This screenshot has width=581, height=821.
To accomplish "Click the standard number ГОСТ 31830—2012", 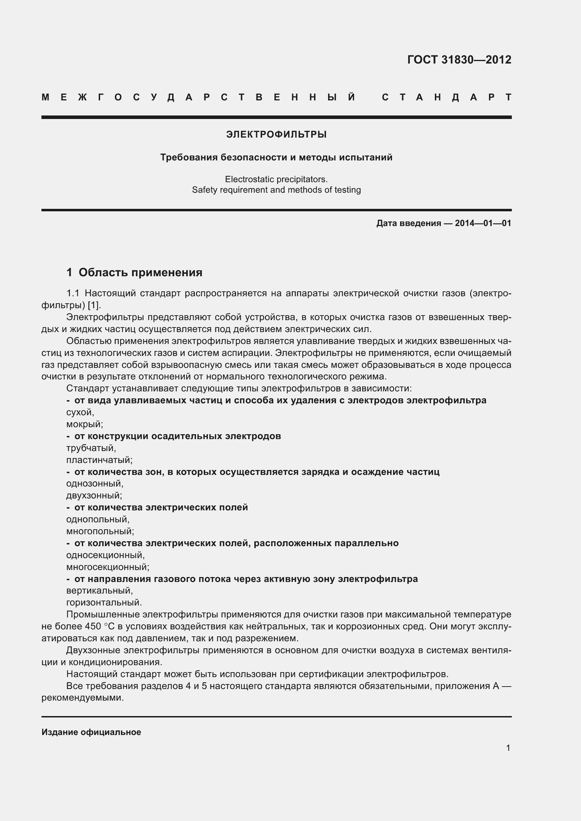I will click(459, 59).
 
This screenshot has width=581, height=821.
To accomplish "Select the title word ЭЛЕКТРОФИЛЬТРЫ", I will click(276, 134).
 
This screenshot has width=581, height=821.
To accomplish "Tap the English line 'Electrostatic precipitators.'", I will click(276, 179).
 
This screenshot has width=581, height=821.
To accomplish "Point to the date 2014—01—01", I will click(483, 223).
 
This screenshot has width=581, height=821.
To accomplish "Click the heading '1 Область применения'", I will click(134, 272).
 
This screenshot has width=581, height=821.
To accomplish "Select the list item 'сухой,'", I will click(80, 412).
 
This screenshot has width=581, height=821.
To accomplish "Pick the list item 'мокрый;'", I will click(84, 424).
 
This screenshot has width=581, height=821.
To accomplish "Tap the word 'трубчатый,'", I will click(91, 448).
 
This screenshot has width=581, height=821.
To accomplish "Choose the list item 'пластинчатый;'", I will click(99, 460).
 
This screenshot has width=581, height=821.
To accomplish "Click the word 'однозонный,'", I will click(95, 483).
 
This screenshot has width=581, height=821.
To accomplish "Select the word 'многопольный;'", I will click(100, 531).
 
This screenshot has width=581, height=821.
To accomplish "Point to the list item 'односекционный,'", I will click(105, 555).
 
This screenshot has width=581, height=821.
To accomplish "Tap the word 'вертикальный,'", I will click(99, 591).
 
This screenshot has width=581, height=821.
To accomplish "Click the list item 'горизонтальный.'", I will click(104, 603).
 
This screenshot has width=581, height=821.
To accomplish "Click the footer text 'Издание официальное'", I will click(91, 732).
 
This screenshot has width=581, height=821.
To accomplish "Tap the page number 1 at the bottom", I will click(508, 748).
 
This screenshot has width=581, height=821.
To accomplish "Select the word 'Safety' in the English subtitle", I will click(204, 190).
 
